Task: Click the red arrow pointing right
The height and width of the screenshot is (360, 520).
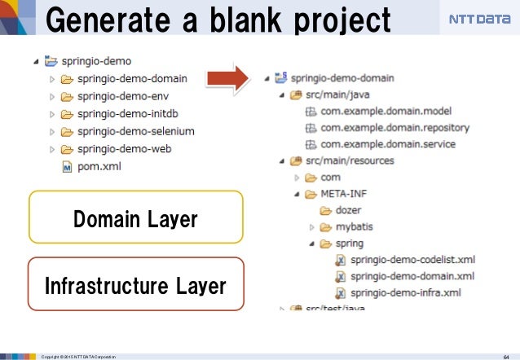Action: tap(227, 79)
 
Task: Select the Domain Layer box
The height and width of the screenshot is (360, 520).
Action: tap(136, 218)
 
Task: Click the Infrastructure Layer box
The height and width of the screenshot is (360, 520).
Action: tap(136, 285)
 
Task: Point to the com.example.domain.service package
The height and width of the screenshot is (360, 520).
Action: tap(388, 144)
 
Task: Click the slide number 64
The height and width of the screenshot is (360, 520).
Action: tap(505, 355)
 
